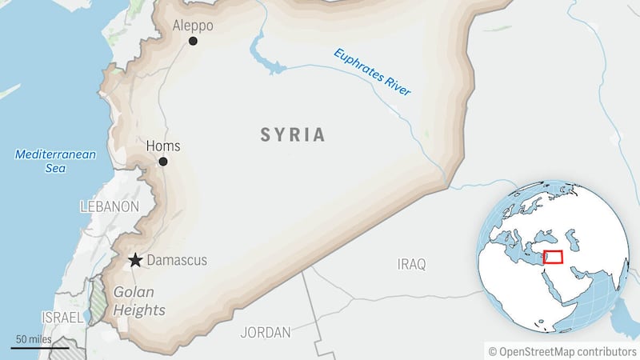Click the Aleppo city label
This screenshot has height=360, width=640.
point(194,26)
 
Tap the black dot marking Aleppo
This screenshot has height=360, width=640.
point(193,41)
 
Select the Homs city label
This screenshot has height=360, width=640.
point(163,146)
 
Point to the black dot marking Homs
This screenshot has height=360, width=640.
point(163,162)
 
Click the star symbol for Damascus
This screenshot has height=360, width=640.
point(136,261)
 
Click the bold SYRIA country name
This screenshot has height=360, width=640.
point(293,135)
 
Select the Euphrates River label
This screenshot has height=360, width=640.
point(372,73)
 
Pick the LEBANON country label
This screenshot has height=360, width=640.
point(110,206)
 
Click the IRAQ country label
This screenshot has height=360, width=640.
point(412,264)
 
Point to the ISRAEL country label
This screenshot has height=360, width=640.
point(62,318)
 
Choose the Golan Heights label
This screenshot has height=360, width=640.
point(139,302)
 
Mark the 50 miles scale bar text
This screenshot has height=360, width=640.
point(33,339)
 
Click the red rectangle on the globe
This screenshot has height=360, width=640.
point(553,258)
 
